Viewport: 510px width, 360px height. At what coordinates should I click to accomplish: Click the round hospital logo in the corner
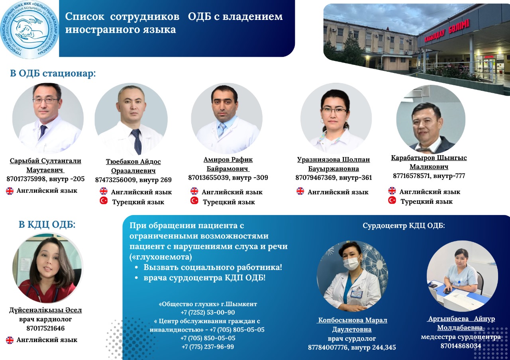coord(29,29)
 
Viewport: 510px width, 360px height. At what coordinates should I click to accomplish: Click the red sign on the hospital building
coord(447,31)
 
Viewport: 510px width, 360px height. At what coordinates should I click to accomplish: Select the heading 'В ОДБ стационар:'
coord(53,74)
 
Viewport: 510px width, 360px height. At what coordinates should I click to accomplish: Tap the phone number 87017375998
coord(26,179)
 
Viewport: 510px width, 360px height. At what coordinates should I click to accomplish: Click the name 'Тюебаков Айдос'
coord(133,162)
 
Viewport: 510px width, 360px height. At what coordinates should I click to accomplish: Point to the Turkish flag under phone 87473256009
coord(104,201)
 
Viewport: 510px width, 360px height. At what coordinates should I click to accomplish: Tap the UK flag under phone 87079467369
coord(300,191)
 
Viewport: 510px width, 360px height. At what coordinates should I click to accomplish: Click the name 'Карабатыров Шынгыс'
coord(429,158)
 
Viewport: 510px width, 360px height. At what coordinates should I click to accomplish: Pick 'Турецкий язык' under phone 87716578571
coord(426,202)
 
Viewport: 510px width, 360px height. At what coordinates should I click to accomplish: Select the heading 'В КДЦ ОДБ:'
coord(47,225)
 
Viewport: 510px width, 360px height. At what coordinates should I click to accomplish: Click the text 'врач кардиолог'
coord(45,319)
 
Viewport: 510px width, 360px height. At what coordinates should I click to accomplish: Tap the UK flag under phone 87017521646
coord(10,340)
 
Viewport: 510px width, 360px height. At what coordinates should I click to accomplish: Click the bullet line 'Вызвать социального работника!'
coord(213,267)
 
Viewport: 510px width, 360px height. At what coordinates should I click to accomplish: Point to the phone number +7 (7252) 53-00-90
coord(208,313)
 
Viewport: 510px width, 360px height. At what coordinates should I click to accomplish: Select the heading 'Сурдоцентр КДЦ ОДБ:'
coord(404,225)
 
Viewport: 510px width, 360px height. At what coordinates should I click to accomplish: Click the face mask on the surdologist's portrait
coord(352,264)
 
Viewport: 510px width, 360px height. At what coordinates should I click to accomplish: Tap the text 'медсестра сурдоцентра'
coord(461,337)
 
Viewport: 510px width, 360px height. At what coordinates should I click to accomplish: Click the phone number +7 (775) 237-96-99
coord(208,347)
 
